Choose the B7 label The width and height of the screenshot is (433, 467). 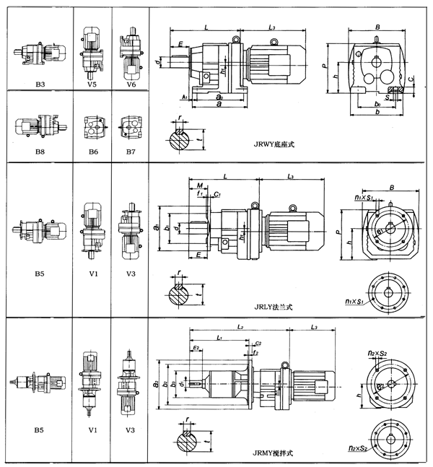coord(131,153)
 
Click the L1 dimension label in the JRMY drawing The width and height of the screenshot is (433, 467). coord(220,338)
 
